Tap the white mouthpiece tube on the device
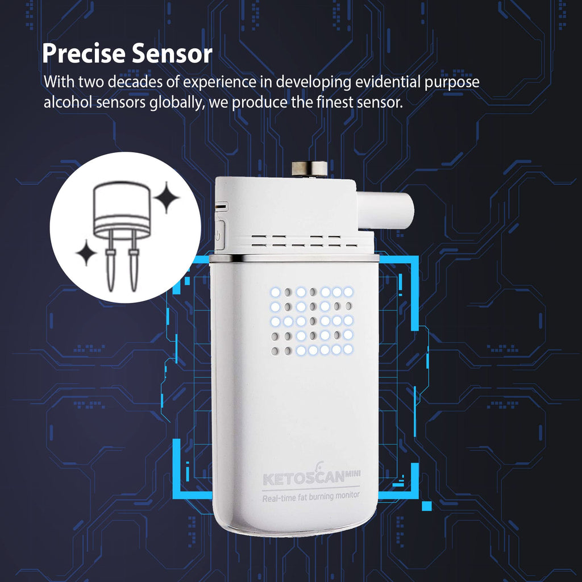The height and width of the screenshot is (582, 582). pyautogui.click(x=385, y=210)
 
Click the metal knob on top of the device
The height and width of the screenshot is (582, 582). pyautogui.click(x=309, y=168)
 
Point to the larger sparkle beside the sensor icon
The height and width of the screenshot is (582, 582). pyautogui.click(x=167, y=197)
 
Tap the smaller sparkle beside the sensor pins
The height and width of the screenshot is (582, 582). pyautogui.click(x=86, y=253)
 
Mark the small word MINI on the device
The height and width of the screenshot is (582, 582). pyautogui.click(x=352, y=473)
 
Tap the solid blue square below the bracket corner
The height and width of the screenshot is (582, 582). pyautogui.click(x=427, y=506)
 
